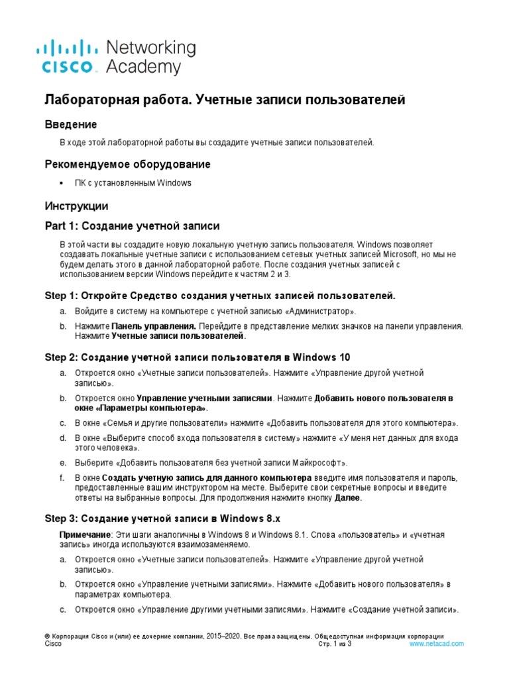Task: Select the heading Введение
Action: click(x=71, y=124)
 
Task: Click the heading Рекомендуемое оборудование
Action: click(x=128, y=164)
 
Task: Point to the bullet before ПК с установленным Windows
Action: click(x=62, y=183)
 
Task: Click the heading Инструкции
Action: click(x=76, y=206)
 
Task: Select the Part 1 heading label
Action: click(x=62, y=226)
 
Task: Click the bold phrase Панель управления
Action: click(x=153, y=326)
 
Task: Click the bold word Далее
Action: click(x=349, y=498)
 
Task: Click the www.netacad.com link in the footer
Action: click(x=436, y=644)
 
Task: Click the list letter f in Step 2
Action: click(x=61, y=477)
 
